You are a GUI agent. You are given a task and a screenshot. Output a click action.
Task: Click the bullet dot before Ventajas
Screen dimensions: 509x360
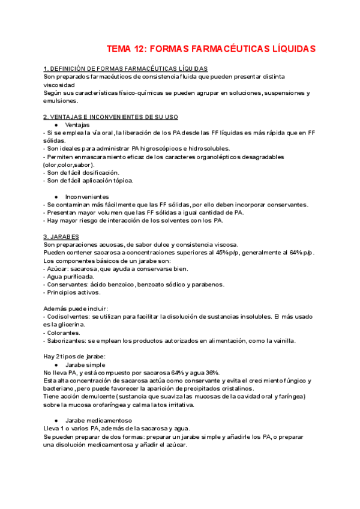click(56, 125)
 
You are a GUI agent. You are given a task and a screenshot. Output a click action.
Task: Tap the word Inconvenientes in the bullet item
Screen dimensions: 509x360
click(87, 197)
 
